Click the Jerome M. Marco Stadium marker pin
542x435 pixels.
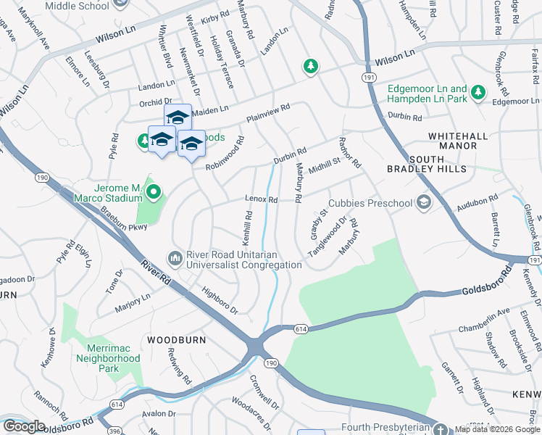click(x=153, y=192)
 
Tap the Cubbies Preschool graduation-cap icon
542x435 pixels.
click(x=424, y=204)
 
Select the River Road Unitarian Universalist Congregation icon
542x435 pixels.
click(x=175, y=258)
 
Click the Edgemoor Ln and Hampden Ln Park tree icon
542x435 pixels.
click(x=478, y=92)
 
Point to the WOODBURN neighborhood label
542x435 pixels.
click(x=177, y=339)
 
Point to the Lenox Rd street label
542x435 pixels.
click(x=262, y=199)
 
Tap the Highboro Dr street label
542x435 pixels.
click(x=220, y=299)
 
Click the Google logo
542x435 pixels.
click(x=24, y=426)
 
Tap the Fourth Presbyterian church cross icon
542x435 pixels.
click(x=441, y=429)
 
